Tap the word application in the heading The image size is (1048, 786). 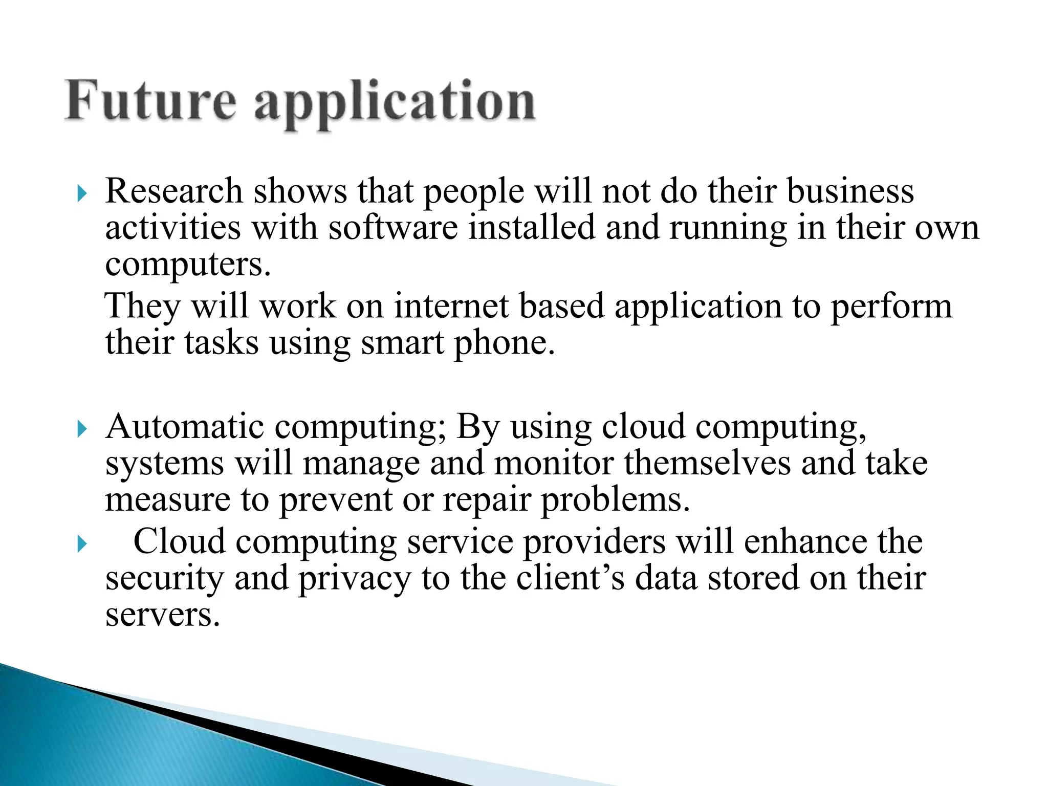(395, 102)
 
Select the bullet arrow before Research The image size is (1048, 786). (82, 194)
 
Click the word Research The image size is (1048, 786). (173, 191)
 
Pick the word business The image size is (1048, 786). (850, 191)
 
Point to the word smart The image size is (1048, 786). (403, 342)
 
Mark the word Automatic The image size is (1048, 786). (185, 426)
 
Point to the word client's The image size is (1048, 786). (570, 578)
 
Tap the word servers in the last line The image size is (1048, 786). (162, 616)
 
